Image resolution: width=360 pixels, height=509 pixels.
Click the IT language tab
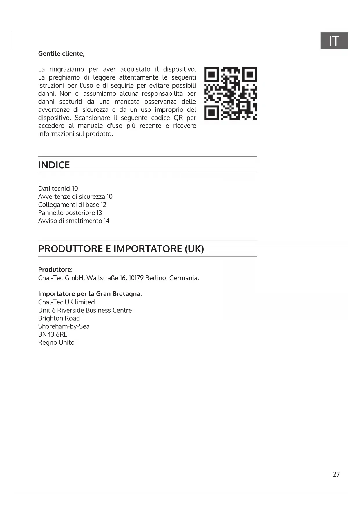[334, 41]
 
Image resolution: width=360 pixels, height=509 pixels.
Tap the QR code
[230, 93]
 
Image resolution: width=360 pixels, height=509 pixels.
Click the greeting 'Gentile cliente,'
[61, 54]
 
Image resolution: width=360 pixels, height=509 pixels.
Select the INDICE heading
[54, 165]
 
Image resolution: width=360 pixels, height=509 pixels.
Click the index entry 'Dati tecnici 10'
[58, 189]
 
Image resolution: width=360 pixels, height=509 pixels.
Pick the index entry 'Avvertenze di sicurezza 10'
[75, 197]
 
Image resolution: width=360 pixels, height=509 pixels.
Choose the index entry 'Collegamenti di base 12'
[72, 205]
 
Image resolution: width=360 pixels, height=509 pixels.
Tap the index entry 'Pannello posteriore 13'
[70, 213]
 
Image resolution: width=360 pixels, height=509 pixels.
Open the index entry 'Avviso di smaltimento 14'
[74, 221]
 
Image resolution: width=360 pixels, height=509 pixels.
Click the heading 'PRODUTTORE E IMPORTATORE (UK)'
[121, 249]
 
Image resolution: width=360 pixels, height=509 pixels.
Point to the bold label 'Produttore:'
[55, 269]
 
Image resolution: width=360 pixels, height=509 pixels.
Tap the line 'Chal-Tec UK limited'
[66, 302]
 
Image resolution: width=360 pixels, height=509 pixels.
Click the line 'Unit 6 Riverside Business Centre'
[85, 310]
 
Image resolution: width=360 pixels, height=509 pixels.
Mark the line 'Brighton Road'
[59, 318]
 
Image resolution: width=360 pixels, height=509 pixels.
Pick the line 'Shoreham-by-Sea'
[64, 326]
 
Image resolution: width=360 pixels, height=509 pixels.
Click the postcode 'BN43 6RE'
[53, 334]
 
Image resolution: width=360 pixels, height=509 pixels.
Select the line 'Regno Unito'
[56, 342]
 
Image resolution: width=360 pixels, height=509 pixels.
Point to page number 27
[336, 474]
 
